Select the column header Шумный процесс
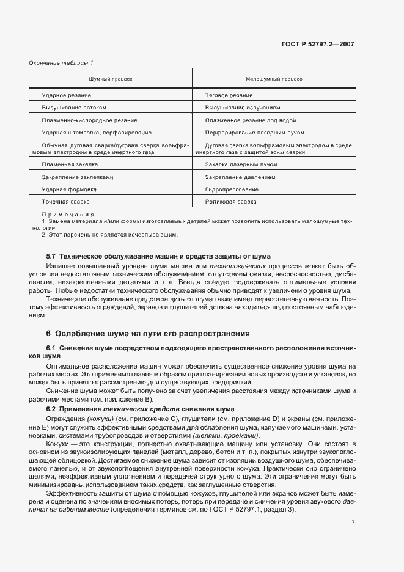click(111, 79)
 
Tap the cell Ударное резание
click(67, 95)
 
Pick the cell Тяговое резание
click(229, 95)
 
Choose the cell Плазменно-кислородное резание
click(89, 120)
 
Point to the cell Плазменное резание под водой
click(251, 120)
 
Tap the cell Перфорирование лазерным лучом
click(255, 132)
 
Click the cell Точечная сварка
click(66, 201)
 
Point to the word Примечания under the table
click(68, 215)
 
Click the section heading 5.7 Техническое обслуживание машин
click(158, 256)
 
